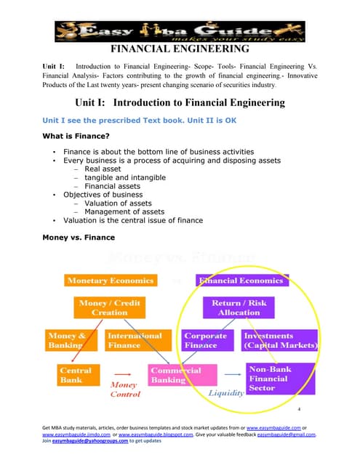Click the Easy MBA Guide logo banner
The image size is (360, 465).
180,31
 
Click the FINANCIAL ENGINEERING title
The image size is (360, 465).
179,49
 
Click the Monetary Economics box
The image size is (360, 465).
110,280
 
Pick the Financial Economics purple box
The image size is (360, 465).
242,280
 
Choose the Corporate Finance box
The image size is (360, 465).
206,341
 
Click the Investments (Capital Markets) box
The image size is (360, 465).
279,341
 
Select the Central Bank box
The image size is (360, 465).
75,375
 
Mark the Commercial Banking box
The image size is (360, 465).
175,375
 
